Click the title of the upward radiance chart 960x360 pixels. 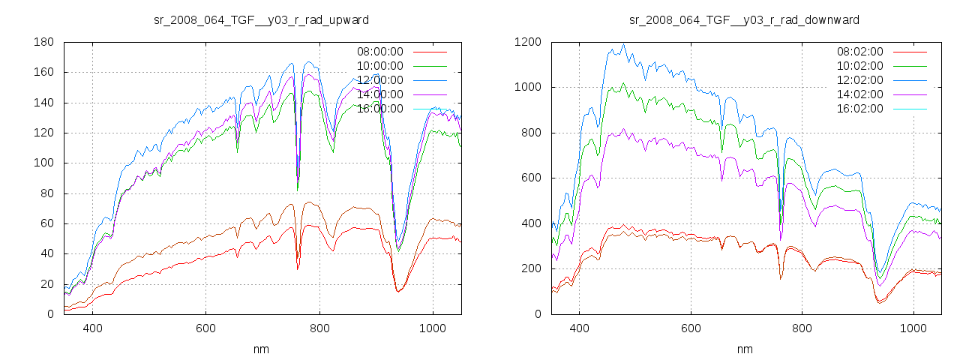[x=261, y=19]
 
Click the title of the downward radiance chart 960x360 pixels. [x=744, y=19]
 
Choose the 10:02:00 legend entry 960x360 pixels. [x=859, y=66]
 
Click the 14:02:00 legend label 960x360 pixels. [x=859, y=94]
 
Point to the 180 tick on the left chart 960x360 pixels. [x=43, y=42]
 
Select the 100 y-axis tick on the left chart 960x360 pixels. [x=43, y=163]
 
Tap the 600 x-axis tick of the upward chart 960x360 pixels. [x=205, y=328]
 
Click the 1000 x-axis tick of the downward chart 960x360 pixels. [x=913, y=328]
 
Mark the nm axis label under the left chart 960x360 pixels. [x=261, y=349]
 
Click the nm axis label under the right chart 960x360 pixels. [x=744, y=349]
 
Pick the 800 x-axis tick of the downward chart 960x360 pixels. [x=802, y=328]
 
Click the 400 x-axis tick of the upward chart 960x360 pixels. [x=93, y=328]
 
